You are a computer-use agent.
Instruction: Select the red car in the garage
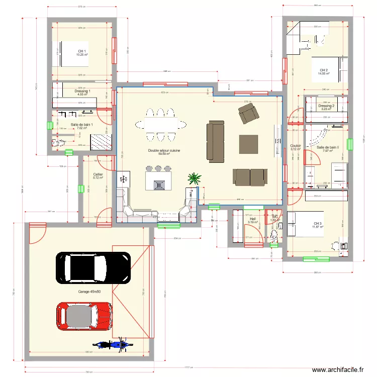point(84,316)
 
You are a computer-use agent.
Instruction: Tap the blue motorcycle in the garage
point(112,345)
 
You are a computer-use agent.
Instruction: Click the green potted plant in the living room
point(194,178)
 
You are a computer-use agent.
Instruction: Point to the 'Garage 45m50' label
point(89,292)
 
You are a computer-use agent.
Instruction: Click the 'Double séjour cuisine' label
point(164,150)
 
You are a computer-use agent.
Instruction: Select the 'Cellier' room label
point(98,174)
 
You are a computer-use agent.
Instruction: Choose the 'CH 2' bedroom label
point(323,70)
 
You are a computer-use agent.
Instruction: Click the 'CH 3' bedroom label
point(317,224)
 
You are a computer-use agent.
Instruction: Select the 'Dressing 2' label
point(326,106)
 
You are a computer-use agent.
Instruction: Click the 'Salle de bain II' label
point(328,147)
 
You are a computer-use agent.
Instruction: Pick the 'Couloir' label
point(296,146)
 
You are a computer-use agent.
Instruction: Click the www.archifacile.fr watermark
point(337,369)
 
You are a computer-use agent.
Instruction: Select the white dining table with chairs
point(157,124)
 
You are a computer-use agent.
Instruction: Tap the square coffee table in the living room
point(248,144)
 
